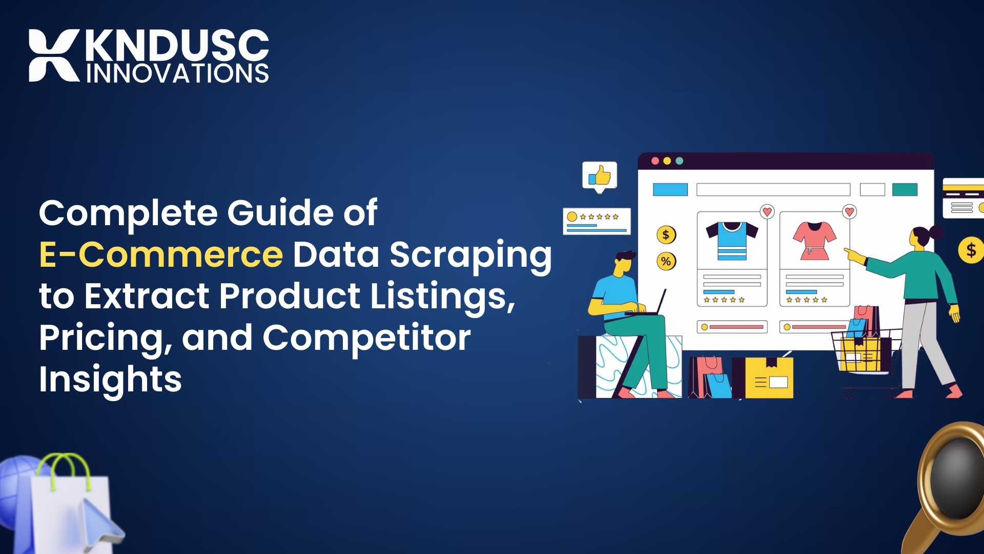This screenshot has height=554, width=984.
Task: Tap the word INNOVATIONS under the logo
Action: click(177, 74)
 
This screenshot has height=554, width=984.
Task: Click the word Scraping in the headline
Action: click(470, 255)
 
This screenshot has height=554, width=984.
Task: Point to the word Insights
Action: click(110, 380)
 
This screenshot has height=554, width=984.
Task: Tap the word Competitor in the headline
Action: click(366, 338)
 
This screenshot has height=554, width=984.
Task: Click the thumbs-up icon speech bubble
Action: click(600, 176)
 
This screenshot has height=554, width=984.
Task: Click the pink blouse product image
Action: click(814, 241)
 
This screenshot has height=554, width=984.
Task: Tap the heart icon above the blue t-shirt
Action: click(767, 211)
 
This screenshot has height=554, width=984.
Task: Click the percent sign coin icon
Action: click(666, 262)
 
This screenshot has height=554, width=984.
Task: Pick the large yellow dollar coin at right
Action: click(971, 250)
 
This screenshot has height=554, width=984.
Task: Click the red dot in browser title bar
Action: click(655, 161)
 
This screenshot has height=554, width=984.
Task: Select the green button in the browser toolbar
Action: click(905, 190)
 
